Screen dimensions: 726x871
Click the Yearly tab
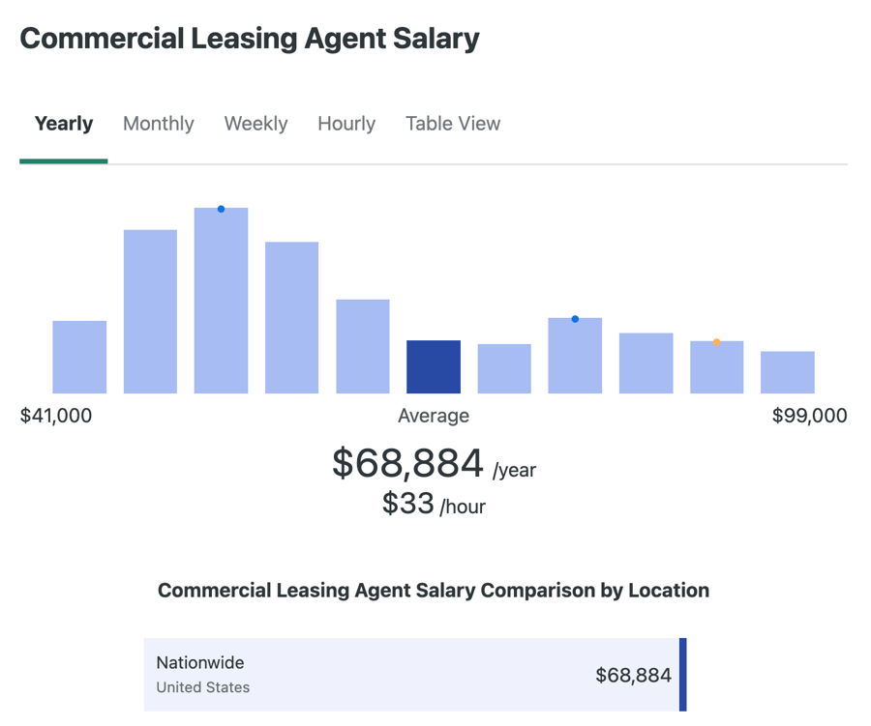[x=64, y=124]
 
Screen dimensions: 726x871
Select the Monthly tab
[x=159, y=124]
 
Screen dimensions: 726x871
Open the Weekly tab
[x=255, y=124]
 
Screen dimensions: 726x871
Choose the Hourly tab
[x=346, y=124]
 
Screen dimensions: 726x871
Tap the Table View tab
[x=453, y=124]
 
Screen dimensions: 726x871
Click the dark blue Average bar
[x=434, y=367]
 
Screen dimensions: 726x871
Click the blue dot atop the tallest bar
[x=221, y=209]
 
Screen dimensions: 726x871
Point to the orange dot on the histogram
[x=716, y=342]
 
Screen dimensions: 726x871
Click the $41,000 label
[x=56, y=416]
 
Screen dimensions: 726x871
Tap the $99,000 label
[x=809, y=416]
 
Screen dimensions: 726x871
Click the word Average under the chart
[x=434, y=416]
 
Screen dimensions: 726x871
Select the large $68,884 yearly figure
[x=407, y=463]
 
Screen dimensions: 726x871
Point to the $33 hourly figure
[x=407, y=503]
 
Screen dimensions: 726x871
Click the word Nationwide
[x=200, y=663]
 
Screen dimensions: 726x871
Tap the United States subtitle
[x=203, y=687]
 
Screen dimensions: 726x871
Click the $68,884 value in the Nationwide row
[x=633, y=675]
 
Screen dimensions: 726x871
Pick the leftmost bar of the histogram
[x=79, y=358]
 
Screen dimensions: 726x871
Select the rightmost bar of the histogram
[x=788, y=372]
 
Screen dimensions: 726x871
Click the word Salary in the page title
[x=432, y=39]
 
